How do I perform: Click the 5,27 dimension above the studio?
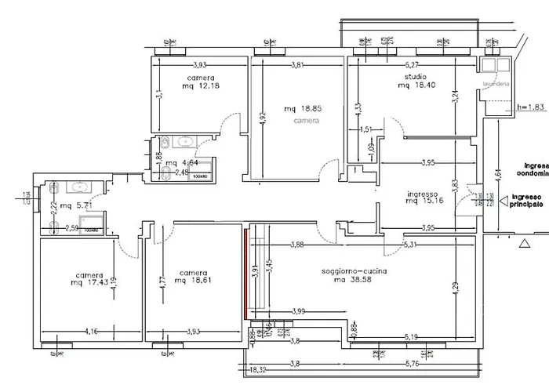(x=411, y=65)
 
